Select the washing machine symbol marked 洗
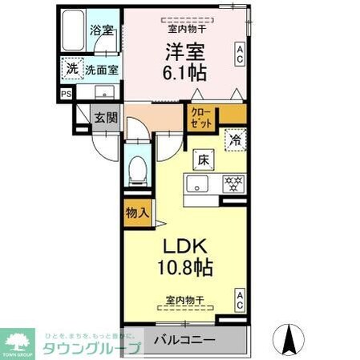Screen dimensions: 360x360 (x=72, y=69)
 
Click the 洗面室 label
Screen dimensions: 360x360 (x=103, y=70)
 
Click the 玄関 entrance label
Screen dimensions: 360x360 (x=106, y=117)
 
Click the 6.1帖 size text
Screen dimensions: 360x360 (x=187, y=74)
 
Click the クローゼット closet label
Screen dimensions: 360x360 (x=201, y=119)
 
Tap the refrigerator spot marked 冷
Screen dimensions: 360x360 (x=236, y=140)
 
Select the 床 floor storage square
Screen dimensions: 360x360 (x=203, y=160)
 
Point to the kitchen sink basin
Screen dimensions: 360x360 (x=196, y=184)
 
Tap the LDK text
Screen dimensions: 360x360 (x=186, y=245)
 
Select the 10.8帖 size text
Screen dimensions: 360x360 (x=186, y=267)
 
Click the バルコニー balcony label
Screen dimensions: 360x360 (x=184, y=340)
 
